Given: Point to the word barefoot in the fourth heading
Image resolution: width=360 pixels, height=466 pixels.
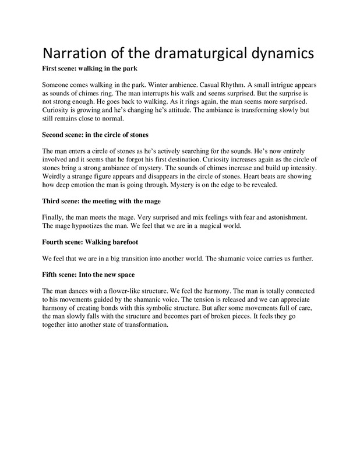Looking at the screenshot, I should (137, 241).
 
